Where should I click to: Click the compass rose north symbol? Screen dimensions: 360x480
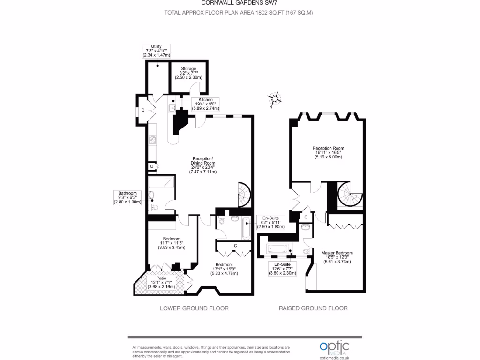pyautogui.click(x=275, y=99)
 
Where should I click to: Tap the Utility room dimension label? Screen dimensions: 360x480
pyautogui.click(x=156, y=51)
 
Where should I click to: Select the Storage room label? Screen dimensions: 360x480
pyautogui.click(x=188, y=73)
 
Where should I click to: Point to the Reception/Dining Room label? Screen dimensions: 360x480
pyautogui.click(x=203, y=165)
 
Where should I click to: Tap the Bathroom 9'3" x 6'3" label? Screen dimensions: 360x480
pyautogui.click(x=127, y=197)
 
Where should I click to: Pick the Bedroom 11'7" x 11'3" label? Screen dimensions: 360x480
pyautogui.click(x=172, y=243)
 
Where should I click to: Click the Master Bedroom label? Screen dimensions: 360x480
pyautogui.click(x=337, y=257)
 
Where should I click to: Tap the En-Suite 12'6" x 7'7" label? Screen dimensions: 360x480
pyautogui.click(x=282, y=268)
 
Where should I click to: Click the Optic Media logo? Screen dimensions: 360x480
pyautogui.click(x=334, y=347)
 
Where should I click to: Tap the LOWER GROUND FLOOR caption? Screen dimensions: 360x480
pyautogui.click(x=194, y=308)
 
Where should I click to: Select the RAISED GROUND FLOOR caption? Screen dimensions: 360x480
pyautogui.click(x=313, y=308)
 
